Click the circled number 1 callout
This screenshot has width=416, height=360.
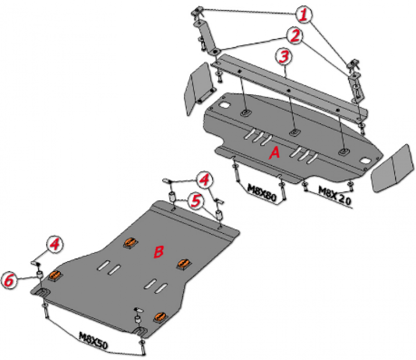304,15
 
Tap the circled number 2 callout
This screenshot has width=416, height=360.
295,35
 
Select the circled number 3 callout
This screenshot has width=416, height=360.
284,57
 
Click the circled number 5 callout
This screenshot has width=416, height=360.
196,201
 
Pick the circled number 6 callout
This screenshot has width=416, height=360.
9,280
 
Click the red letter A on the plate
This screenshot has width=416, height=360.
275,153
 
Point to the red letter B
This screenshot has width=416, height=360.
159,252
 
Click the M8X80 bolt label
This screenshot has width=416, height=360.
262,192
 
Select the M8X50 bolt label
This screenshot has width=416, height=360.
94,340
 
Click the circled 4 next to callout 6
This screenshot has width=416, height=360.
55,244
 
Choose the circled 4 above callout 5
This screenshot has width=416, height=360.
204,180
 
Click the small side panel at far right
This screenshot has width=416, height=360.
392,168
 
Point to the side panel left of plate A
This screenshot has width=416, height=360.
199,88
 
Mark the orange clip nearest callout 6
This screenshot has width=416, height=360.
55,276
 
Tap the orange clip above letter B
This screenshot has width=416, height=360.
131,242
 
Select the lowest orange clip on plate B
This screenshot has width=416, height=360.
160,316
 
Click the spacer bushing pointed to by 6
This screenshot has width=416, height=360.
40,274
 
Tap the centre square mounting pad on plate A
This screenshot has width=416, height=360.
293,132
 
